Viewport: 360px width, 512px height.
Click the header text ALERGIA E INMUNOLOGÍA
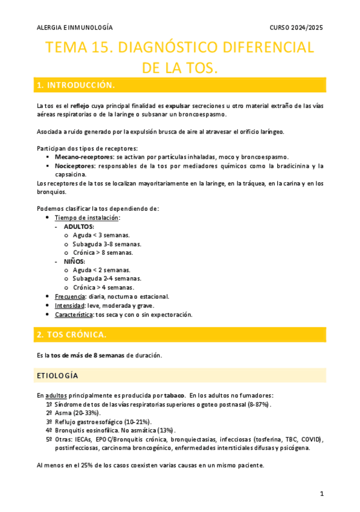coord(74,28)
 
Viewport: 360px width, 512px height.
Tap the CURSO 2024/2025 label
coord(297,28)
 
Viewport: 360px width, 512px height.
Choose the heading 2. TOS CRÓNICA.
coord(71,334)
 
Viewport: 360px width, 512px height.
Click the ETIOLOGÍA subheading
coord(57,376)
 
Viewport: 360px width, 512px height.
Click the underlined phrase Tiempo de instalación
coord(87,217)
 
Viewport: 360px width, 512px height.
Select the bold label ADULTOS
coord(79,226)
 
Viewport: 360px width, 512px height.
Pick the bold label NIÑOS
coord(75,261)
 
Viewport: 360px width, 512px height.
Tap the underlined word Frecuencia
coord(69,296)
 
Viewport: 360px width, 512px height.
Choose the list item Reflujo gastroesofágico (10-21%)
coord(103,421)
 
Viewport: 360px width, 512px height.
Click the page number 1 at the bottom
coord(322,494)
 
